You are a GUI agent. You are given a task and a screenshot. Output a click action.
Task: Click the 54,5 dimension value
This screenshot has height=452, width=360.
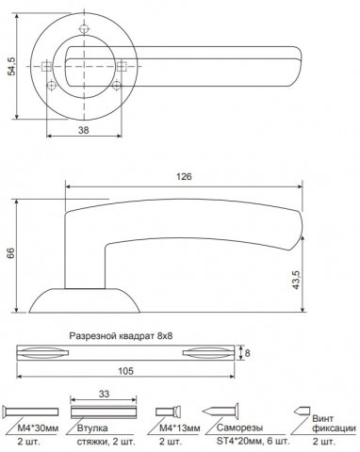(x=12, y=67)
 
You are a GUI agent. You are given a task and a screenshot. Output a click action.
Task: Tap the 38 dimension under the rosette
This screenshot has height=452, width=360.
(x=84, y=130)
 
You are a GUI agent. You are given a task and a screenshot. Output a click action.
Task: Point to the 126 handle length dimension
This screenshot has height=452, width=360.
(x=184, y=176)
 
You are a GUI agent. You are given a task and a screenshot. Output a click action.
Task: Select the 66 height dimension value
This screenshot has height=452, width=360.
(x=11, y=253)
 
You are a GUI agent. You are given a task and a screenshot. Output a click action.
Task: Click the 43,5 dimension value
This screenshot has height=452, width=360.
(x=296, y=280)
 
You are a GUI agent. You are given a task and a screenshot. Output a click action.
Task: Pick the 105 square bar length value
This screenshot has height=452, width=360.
(x=125, y=371)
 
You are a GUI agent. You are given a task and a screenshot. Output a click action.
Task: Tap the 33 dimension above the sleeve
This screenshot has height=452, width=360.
(x=104, y=394)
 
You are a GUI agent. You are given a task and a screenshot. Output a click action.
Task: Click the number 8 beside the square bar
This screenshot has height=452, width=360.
(x=247, y=353)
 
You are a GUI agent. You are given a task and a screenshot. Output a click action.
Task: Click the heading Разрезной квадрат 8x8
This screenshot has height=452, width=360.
(x=121, y=336)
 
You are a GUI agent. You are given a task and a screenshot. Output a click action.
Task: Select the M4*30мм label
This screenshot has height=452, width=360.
(x=38, y=428)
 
